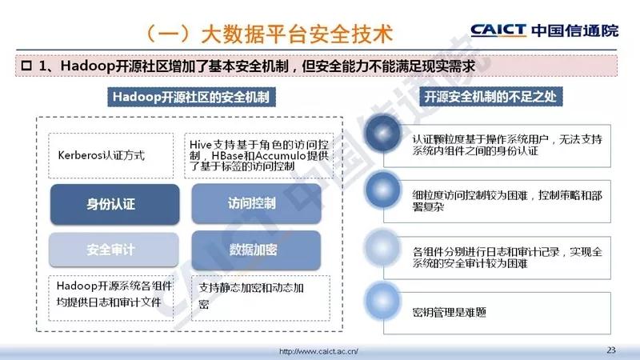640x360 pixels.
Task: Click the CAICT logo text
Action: tap(498, 30)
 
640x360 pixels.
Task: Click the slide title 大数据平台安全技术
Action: tap(297, 34)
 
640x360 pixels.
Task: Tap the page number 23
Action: tap(611, 350)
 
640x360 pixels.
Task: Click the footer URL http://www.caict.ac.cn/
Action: tap(318, 351)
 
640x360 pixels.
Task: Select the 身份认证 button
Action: tap(114, 204)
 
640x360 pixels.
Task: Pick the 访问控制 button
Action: tap(256, 203)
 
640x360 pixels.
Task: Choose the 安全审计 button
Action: tap(114, 250)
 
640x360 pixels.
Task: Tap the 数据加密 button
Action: tap(256, 250)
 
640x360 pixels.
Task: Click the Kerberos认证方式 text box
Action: tap(110, 155)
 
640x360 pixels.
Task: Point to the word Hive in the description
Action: tap(201, 145)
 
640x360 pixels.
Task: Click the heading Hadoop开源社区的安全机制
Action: tap(191, 97)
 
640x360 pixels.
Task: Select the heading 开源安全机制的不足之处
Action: tap(490, 97)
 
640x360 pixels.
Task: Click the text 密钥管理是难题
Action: tap(449, 313)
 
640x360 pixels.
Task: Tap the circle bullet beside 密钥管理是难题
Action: tap(382, 301)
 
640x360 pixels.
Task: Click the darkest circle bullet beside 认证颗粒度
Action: tap(382, 133)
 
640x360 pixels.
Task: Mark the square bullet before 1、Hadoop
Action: tap(26, 66)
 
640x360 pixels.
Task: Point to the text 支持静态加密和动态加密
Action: tap(251, 296)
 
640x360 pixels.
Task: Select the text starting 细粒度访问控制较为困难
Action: tap(507, 201)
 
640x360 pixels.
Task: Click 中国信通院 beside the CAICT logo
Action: tap(575, 30)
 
